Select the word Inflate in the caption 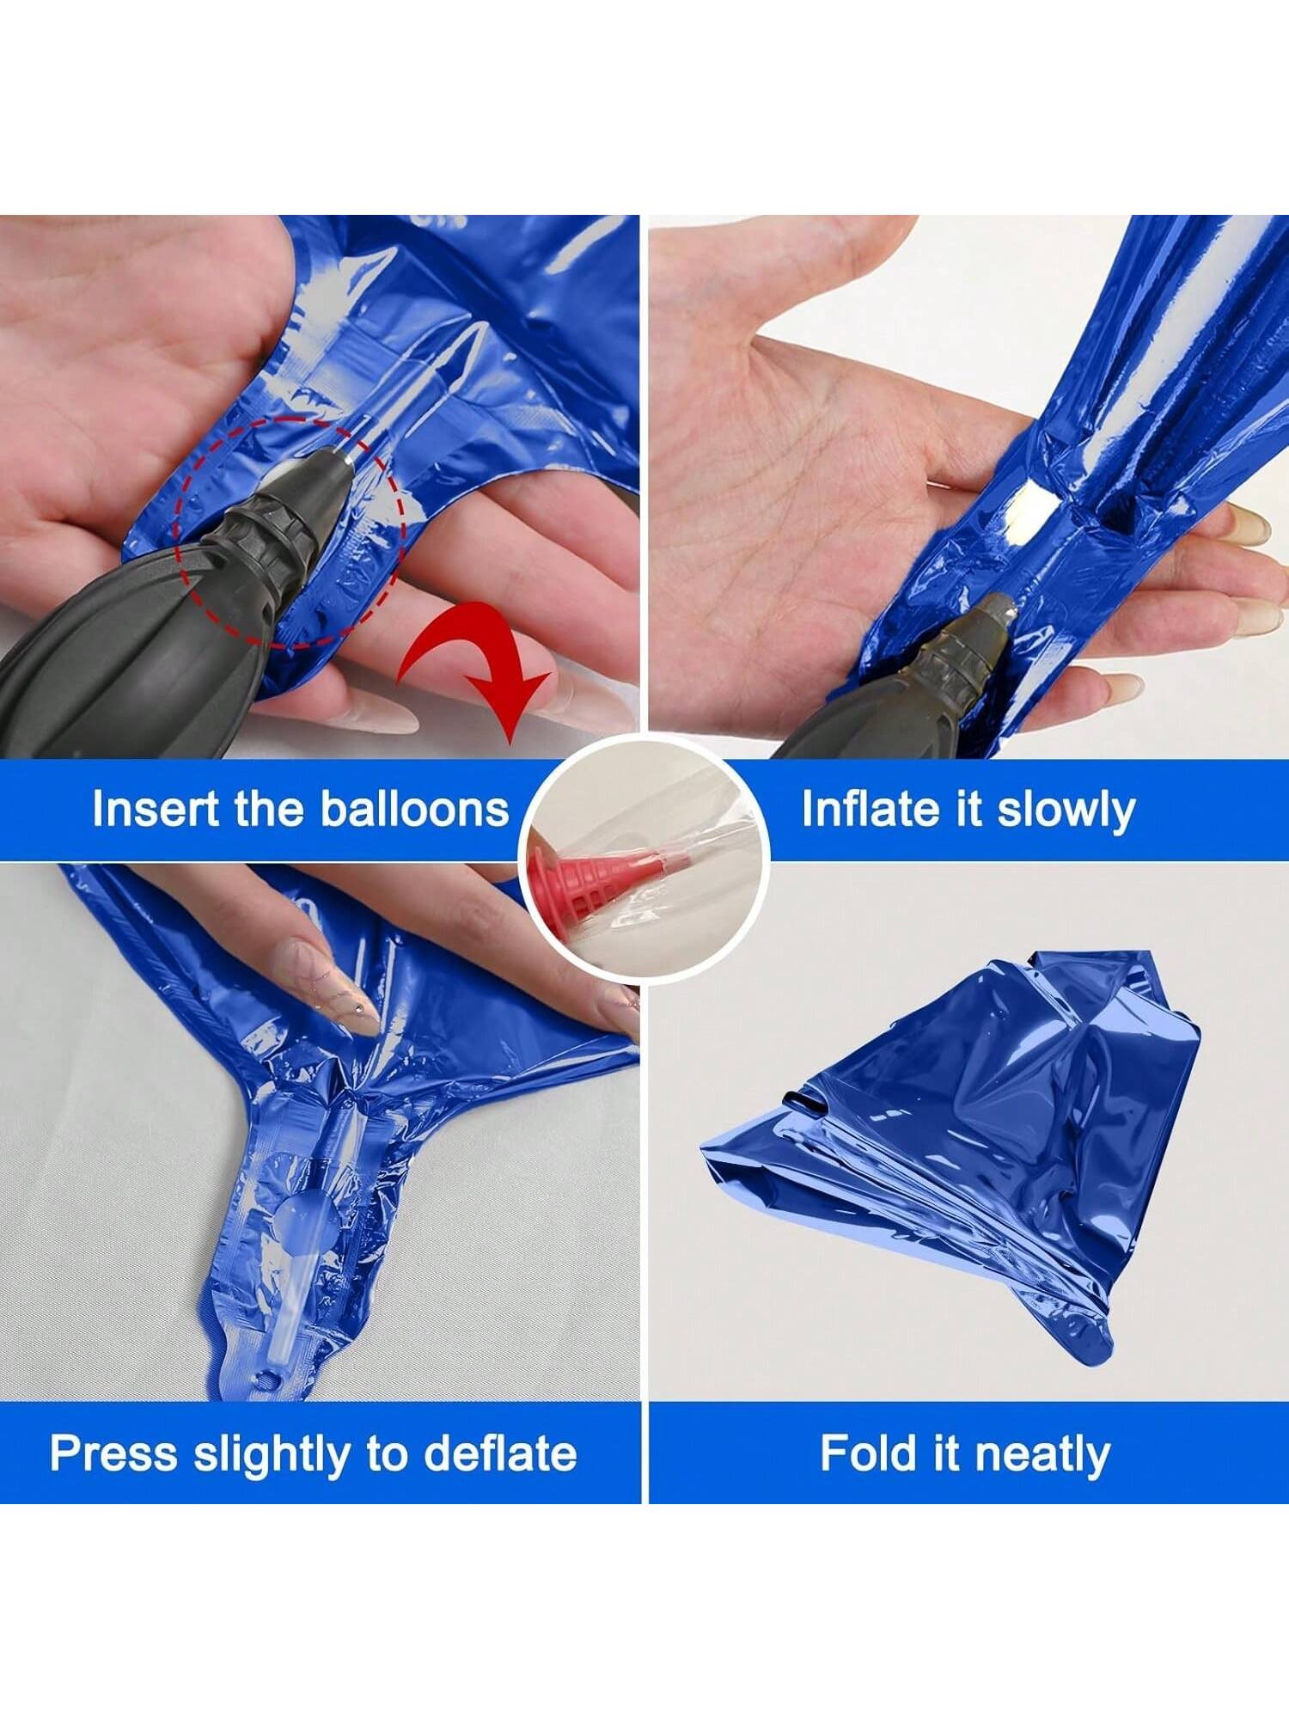click(872, 809)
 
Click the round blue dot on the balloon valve click(296, 1220)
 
